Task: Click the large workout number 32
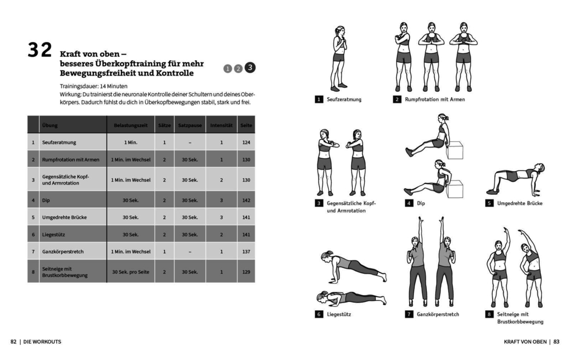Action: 40,50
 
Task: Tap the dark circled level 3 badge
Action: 250,68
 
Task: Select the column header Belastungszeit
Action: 131,125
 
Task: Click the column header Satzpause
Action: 190,125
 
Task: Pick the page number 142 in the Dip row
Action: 246,200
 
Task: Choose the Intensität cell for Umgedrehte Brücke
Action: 221,217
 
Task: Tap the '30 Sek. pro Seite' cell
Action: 131,272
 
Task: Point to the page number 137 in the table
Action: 246,252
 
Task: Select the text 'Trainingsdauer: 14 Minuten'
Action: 93,87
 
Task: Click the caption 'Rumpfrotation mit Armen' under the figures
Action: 435,100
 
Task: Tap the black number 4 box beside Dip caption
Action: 409,203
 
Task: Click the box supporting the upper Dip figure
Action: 455,150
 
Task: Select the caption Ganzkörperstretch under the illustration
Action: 438,314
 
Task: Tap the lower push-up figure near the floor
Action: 350,297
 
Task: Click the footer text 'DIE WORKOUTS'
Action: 42,342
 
